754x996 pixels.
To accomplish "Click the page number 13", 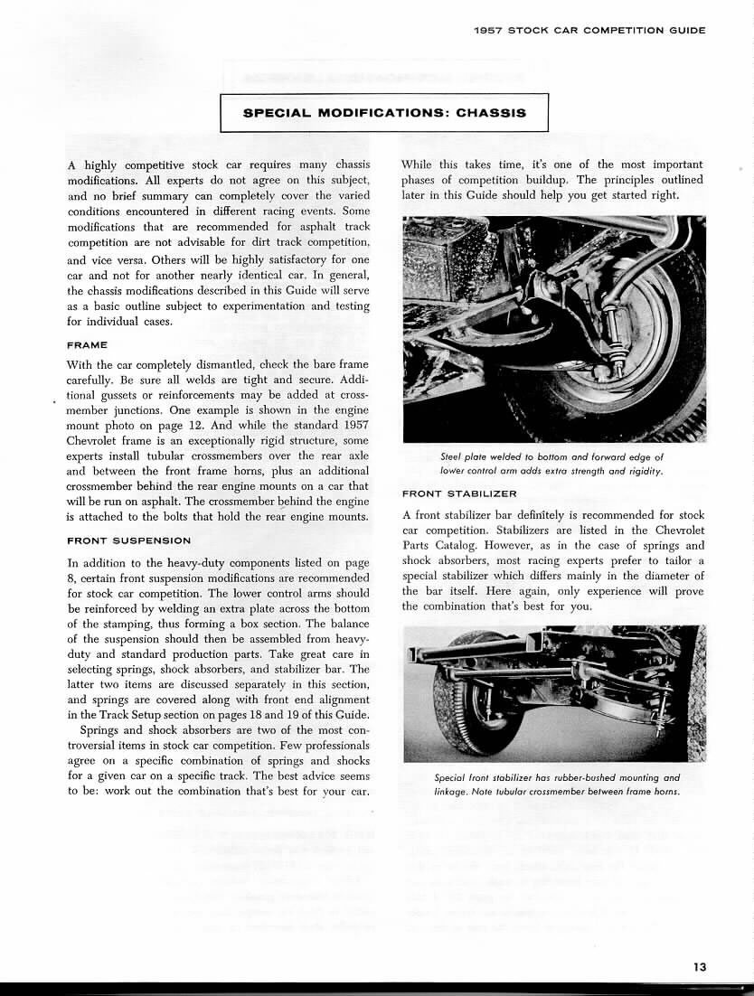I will [x=700, y=966].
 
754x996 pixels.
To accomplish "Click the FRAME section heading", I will [x=88, y=344].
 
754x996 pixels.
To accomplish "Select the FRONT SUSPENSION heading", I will [x=128, y=540].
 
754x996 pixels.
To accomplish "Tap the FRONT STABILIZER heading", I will [x=459, y=494].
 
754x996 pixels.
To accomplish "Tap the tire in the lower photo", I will [x=461, y=714].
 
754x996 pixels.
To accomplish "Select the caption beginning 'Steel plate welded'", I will [x=552, y=464].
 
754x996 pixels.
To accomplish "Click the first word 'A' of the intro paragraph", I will [x=71, y=165].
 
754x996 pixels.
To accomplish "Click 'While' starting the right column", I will [x=417, y=164].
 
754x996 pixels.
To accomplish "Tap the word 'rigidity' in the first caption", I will [x=642, y=471].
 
